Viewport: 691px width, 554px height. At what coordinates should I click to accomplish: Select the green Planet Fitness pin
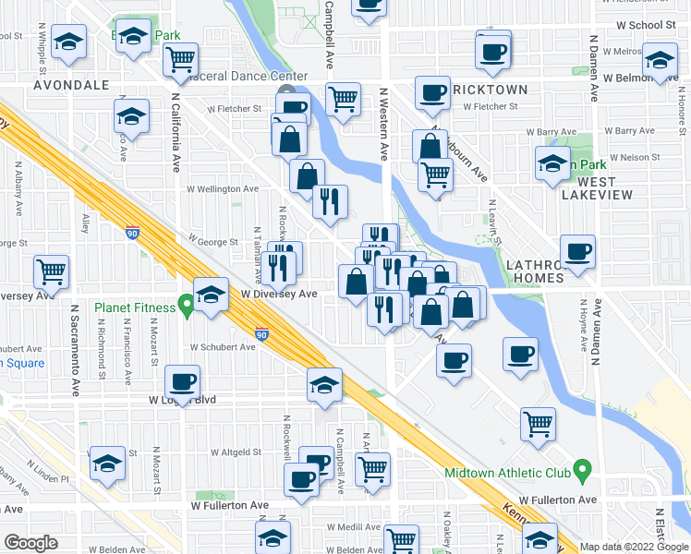(186, 304)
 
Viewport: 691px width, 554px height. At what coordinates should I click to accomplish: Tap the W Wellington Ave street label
(223, 189)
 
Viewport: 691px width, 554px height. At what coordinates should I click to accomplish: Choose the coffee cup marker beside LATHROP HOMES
(579, 251)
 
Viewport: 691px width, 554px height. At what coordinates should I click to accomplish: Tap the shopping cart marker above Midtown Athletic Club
(538, 424)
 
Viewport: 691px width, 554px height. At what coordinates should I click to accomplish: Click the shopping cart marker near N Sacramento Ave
(52, 271)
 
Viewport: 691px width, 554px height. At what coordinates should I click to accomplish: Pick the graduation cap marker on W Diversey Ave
(212, 295)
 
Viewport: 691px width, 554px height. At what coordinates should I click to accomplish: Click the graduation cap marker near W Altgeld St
(108, 464)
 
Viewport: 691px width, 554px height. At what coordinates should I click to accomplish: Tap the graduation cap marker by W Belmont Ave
(659, 62)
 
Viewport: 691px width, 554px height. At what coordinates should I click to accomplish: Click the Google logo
(30, 543)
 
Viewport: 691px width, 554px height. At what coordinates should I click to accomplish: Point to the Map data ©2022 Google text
(634, 547)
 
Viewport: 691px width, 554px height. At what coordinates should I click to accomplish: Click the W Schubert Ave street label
(223, 347)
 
